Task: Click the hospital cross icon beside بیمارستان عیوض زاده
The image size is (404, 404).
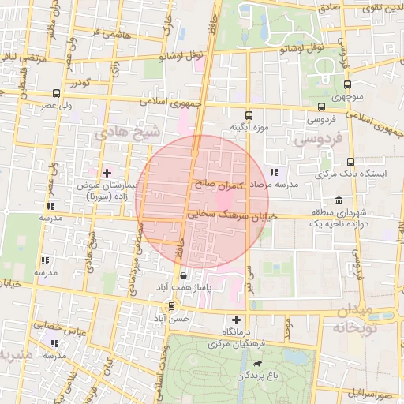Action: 107,172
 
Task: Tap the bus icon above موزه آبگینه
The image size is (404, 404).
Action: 249,114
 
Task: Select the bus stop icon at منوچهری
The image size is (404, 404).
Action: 346,86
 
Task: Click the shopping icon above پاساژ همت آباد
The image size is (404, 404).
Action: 184,276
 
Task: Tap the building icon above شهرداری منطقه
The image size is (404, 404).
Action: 339,200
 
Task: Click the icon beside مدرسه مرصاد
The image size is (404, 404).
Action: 274,171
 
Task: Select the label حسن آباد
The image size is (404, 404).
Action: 172,318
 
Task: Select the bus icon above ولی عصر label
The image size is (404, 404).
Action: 54,92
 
